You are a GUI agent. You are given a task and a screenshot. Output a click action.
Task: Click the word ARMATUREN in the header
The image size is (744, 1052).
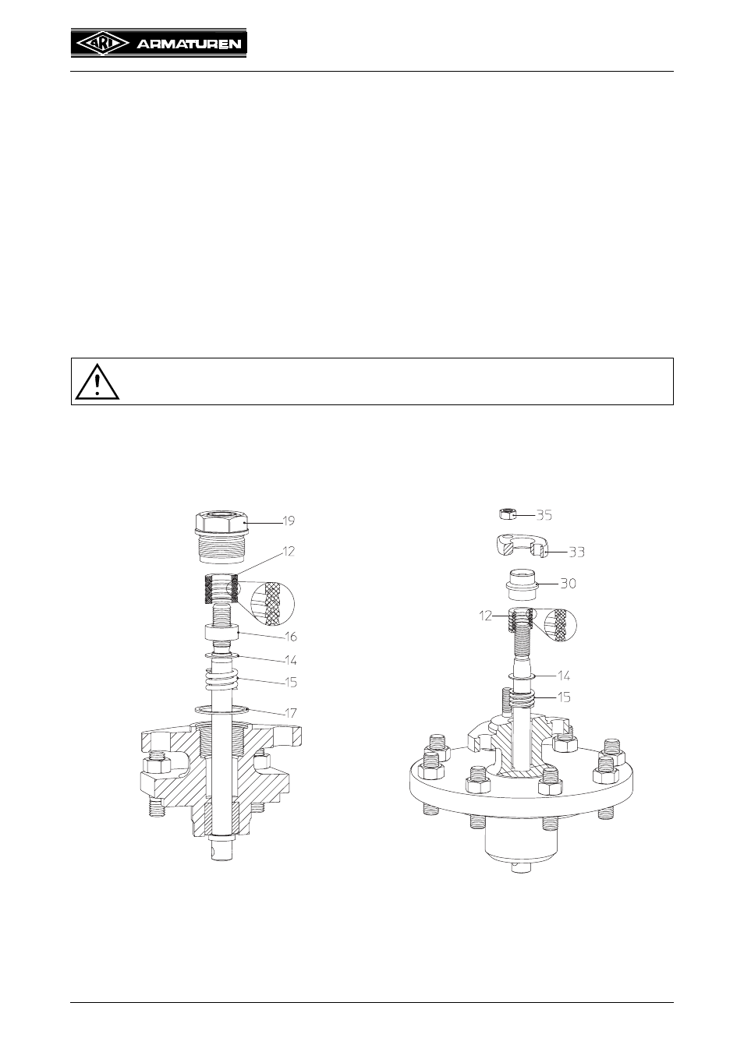click(189, 44)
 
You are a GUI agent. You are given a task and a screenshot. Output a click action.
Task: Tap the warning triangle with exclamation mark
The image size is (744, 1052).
click(97, 381)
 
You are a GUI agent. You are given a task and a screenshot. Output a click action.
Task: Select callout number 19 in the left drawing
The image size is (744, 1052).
click(289, 521)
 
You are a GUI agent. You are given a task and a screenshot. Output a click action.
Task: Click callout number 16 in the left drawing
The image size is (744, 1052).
click(291, 637)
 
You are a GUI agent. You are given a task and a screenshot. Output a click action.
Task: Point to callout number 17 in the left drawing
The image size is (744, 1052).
click(291, 713)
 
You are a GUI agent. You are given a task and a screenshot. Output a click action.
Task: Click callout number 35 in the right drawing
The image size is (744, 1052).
click(544, 515)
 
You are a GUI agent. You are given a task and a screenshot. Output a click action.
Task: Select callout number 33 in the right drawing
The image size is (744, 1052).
click(576, 552)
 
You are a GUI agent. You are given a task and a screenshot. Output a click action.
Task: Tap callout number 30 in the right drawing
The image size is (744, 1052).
click(569, 584)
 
